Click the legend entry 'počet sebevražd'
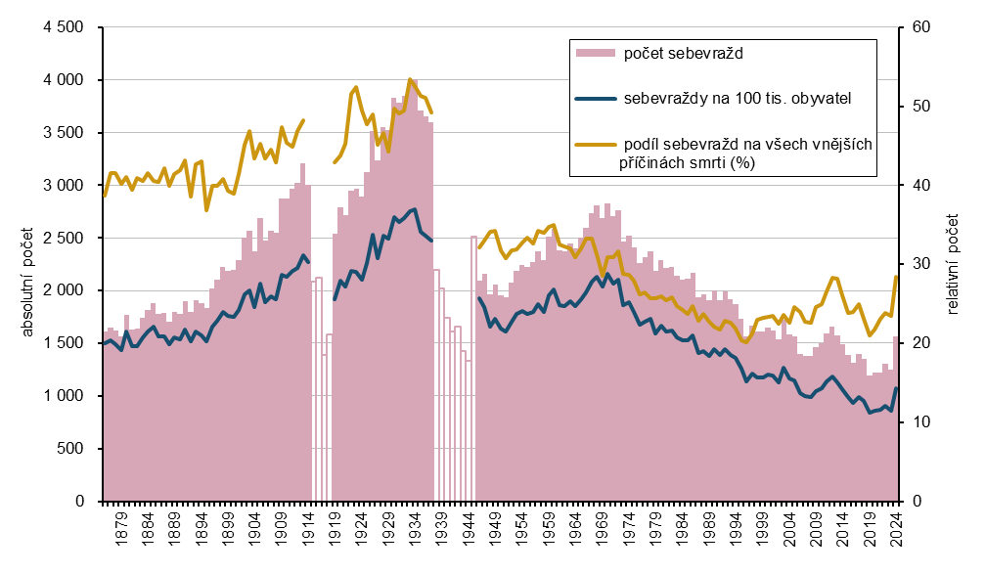[x=685, y=53]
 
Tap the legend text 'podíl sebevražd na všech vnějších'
[x=747, y=145]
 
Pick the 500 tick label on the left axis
[x=71, y=449]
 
